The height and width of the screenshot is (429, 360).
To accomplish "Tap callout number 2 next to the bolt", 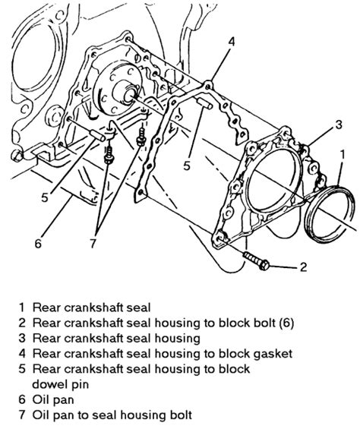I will click(x=303, y=267).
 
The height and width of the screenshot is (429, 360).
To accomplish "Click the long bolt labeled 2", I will click(x=257, y=259).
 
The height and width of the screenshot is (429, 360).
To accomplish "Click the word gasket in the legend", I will click(x=273, y=353).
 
